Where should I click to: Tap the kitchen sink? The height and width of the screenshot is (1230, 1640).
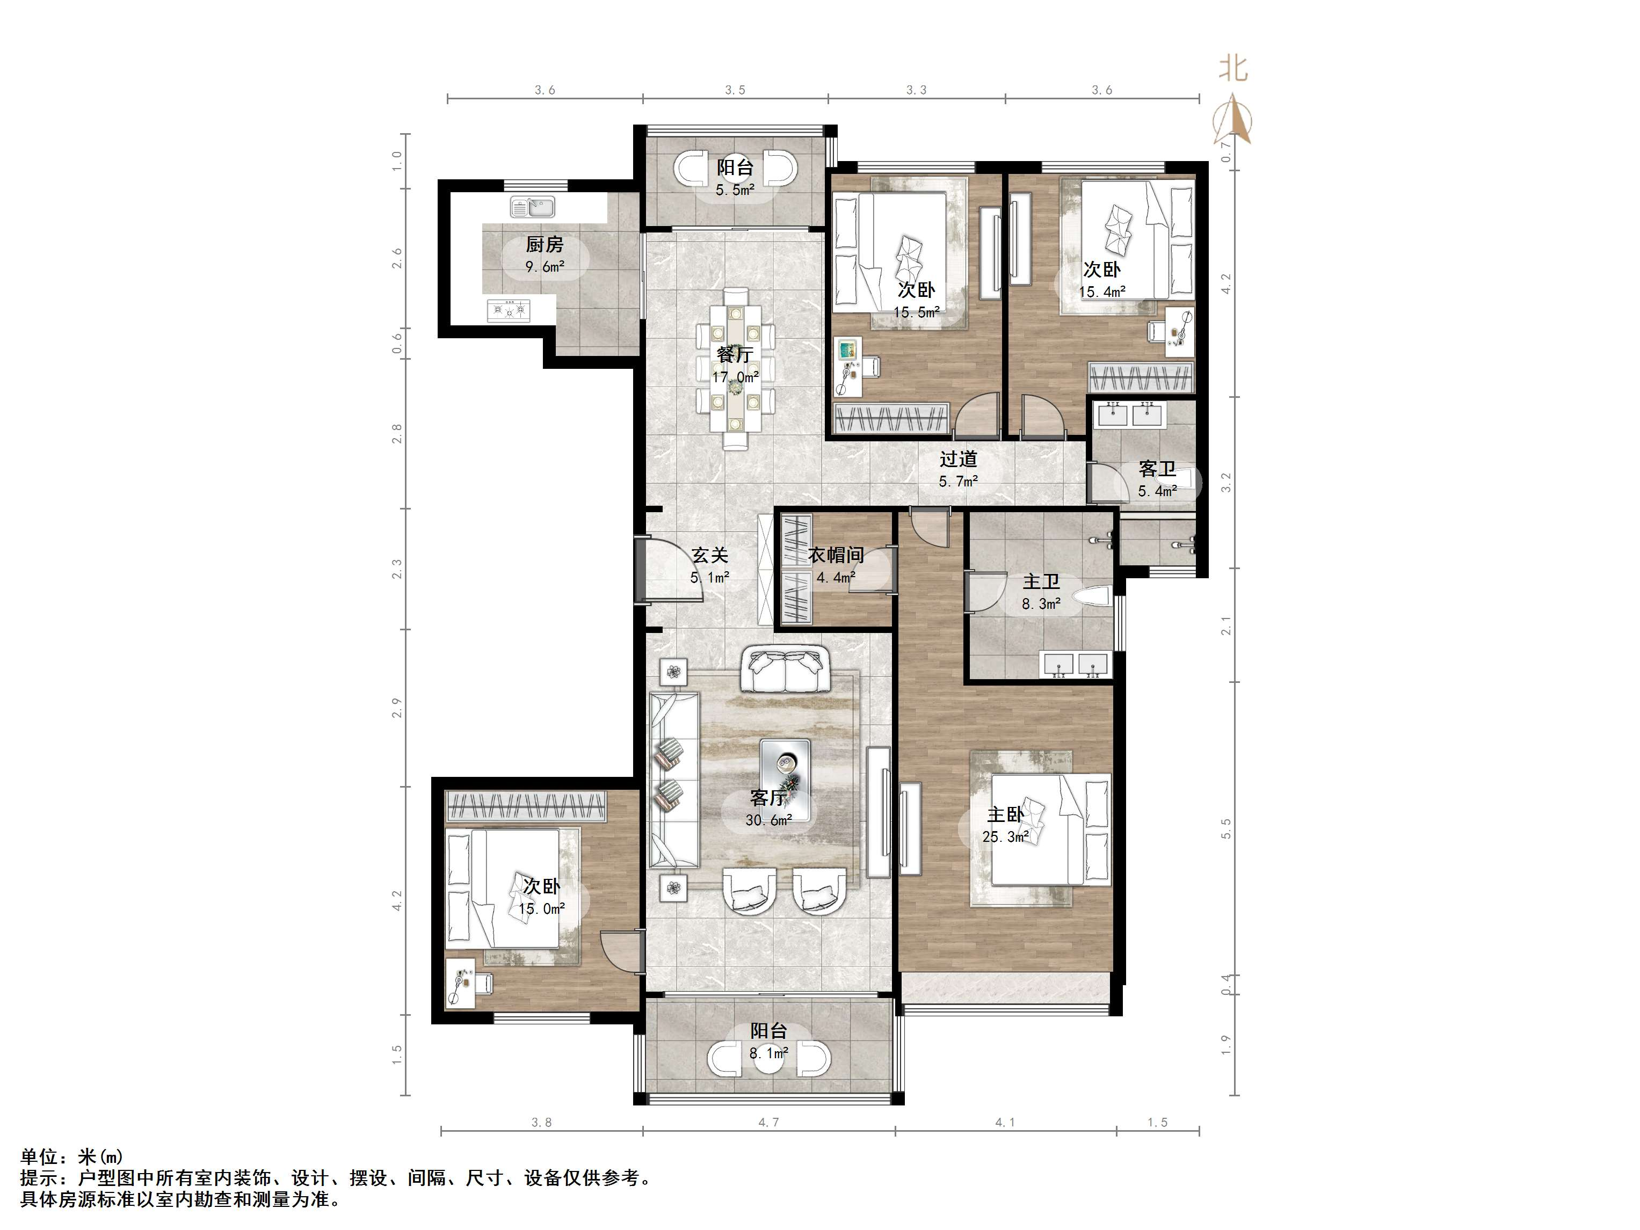532,207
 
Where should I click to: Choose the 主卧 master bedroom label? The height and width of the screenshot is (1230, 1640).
1005,815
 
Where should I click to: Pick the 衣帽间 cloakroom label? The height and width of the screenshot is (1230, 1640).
836,555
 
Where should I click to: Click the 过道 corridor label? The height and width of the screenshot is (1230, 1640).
958,459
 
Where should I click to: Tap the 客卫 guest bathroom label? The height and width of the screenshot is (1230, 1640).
1157,469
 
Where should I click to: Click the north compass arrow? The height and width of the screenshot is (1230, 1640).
1232,119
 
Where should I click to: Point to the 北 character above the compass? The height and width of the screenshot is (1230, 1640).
1233,69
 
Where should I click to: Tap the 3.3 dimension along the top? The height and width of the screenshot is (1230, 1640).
916,90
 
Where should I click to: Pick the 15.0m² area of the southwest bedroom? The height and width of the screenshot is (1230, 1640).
542,909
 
